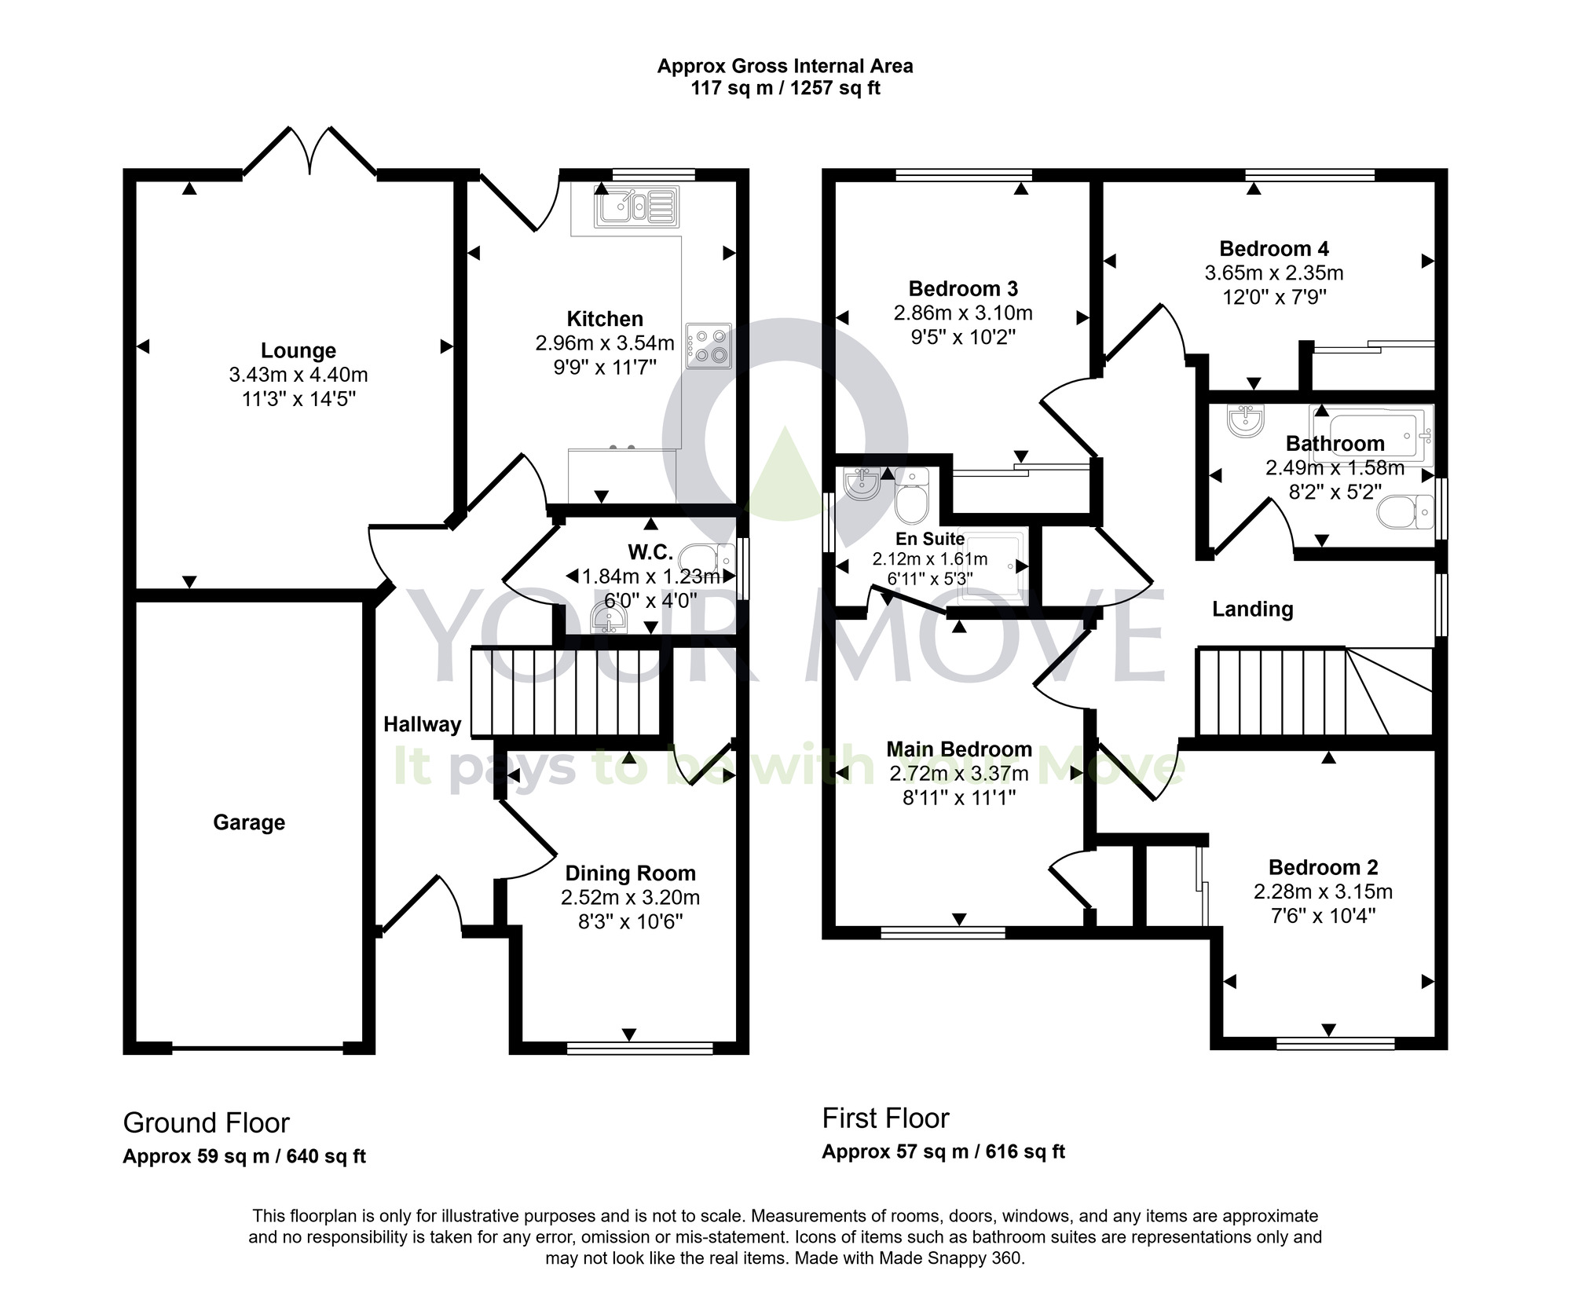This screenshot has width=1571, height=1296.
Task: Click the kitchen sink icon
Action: point(635,207)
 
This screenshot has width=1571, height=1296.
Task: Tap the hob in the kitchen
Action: point(708,346)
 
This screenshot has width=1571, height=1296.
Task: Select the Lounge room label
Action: point(298,350)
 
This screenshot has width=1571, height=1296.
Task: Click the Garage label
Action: point(249,822)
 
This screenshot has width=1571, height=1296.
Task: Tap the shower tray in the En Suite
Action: point(994,566)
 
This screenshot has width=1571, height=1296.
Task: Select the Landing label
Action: point(1252,609)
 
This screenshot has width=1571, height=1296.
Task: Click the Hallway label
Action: point(422,724)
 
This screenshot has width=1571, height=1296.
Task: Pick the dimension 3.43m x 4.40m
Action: point(298,375)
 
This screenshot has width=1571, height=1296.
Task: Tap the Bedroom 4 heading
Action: point(1273,249)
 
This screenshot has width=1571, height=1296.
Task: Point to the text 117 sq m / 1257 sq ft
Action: point(785,89)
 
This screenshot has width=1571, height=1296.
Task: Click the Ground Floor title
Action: point(207,1123)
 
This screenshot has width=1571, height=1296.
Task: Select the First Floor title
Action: point(885,1118)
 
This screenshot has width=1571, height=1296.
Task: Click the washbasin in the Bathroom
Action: point(1247,421)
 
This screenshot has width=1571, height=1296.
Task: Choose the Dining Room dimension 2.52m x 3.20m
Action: point(630,897)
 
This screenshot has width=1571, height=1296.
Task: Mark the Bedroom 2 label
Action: point(1323,867)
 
